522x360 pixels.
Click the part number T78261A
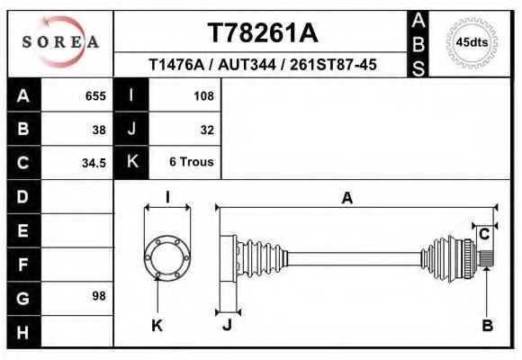[262, 33]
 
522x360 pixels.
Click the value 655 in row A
[94, 95]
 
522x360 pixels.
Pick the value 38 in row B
[99, 129]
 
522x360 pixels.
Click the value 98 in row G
[99, 296]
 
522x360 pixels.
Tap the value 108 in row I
[203, 95]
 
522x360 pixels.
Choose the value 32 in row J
[207, 129]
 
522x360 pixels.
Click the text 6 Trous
[192, 163]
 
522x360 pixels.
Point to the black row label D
[23, 196]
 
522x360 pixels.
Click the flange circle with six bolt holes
[167, 256]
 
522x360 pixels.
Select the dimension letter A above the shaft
[346, 199]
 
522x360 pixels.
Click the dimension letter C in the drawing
[484, 235]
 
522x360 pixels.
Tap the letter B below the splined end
[487, 326]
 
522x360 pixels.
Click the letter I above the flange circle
[167, 197]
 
